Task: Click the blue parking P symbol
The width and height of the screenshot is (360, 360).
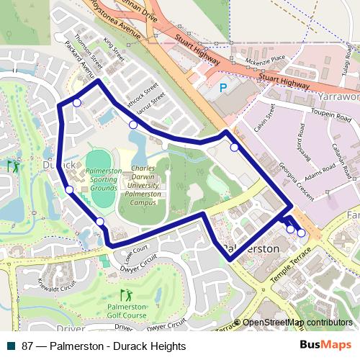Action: (x=222, y=88)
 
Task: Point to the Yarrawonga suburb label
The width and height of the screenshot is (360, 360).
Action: (x=338, y=96)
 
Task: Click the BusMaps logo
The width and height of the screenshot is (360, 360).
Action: (x=325, y=346)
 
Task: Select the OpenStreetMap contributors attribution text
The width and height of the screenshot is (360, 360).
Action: (x=298, y=323)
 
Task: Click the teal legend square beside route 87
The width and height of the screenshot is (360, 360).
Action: (x=12, y=346)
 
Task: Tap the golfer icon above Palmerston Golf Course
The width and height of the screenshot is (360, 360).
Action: (x=127, y=295)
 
